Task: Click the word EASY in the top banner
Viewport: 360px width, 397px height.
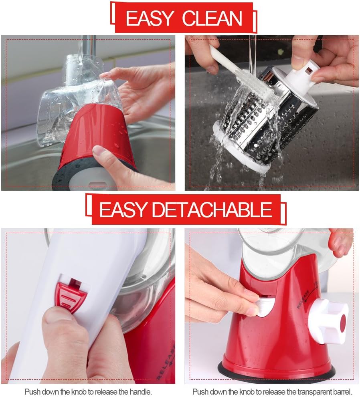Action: pos(150,18)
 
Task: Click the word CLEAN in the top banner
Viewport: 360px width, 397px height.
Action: pos(212,18)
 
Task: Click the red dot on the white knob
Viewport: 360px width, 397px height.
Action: pos(343,323)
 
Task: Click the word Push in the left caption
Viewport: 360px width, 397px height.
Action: pos(32,391)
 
